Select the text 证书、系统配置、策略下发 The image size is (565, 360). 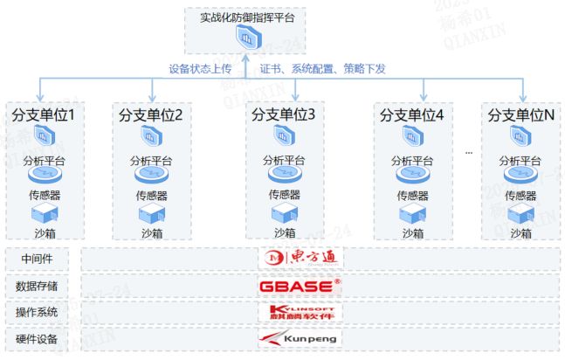coord(322,67)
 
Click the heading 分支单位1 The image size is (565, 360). coord(44,114)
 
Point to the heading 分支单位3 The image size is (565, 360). coord(283,114)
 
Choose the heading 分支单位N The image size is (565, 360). coord(521,114)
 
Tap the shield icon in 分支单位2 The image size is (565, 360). coord(151,137)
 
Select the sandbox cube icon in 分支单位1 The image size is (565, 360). coord(43,215)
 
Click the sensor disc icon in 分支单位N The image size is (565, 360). coord(521,177)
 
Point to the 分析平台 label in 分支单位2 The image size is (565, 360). coord(152,161)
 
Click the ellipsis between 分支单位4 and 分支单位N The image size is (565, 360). coord(468,152)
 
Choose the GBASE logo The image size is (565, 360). coord(300,285)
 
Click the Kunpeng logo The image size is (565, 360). coord(299,338)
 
